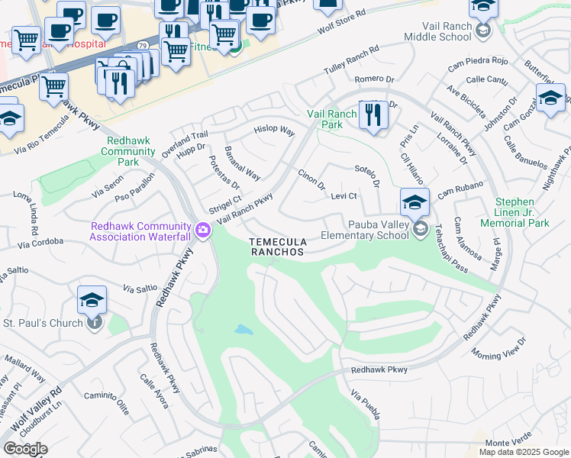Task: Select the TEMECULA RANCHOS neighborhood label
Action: (x=277, y=247)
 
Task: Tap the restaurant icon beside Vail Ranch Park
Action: (x=373, y=115)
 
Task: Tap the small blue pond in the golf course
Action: (x=243, y=331)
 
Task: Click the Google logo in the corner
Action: (x=25, y=449)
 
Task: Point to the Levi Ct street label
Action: (x=345, y=196)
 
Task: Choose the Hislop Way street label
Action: (x=274, y=131)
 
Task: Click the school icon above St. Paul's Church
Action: (x=92, y=301)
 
